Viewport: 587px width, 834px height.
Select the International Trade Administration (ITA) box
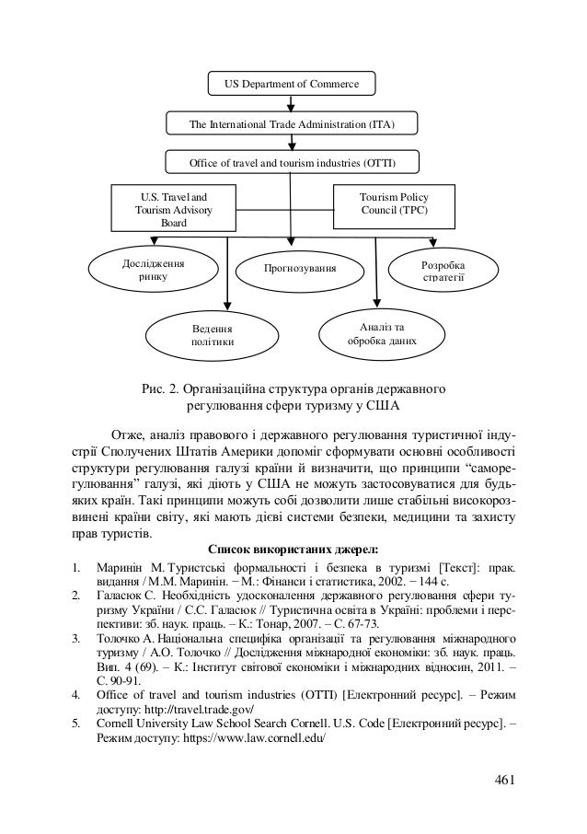pyautogui.click(x=292, y=123)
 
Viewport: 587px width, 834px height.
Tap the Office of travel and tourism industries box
pyautogui.click(x=292, y=163)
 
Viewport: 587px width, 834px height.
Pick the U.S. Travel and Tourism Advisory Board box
pyautogui.click(x=172, y=210)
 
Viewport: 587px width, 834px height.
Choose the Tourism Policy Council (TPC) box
pyautogui.click(x=393, y=203)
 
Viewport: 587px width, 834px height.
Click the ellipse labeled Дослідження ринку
pyautogui.click(x=152, y=270)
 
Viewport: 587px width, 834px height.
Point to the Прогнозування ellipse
pyautogui.click(x=299, y=268)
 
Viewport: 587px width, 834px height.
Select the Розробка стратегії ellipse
pyautogui.click(x=443, y=270)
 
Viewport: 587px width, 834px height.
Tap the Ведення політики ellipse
pyautogui.click(x=212, y=334)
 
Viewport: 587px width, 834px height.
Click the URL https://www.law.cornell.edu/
pyautogui.click(x=247, y=739)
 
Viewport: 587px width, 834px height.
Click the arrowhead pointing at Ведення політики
pyautogui.click(x=228, y=307)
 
